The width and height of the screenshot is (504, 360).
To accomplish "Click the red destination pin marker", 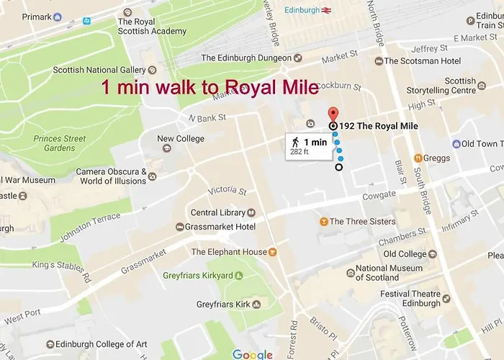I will click(x=333, y=114).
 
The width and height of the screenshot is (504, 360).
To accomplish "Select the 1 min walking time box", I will click(x=307, y=145).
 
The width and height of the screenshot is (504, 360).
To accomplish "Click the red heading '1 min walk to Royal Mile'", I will click(x=210, y=89).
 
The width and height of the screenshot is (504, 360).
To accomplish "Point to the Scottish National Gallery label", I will click(x=99, y=71).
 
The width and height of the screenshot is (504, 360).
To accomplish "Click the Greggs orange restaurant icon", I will click(x=418, y=158).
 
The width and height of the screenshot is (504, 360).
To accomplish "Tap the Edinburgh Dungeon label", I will click(x=246, y=58).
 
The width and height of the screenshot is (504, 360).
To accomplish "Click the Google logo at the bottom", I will click(x=252, y=354).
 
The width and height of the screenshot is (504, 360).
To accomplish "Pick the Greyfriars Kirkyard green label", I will click(x=197, y=275).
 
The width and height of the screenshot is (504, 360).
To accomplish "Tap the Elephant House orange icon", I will click(x=273, y=253).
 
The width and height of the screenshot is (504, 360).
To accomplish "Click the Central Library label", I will click(x=217, y=213).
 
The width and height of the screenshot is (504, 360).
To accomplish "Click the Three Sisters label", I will click(x=362, y=222).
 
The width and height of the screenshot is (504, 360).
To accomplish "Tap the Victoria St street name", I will click(x=227, y=192).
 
